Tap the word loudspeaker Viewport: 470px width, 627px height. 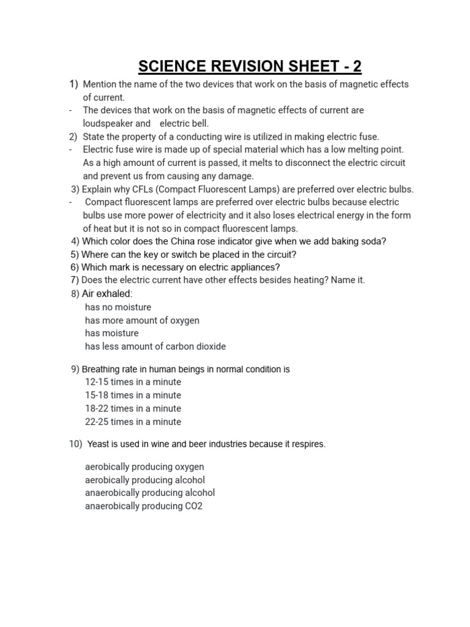108,123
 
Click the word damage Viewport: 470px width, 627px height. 236,176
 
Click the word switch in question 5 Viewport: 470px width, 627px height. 173,254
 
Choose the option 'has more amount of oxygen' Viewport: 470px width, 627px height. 142,320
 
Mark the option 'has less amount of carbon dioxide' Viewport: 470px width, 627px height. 155,347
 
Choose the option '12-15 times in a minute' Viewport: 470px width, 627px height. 133,382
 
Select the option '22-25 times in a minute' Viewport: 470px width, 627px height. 133,421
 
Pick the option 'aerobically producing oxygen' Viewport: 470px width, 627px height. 144,467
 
